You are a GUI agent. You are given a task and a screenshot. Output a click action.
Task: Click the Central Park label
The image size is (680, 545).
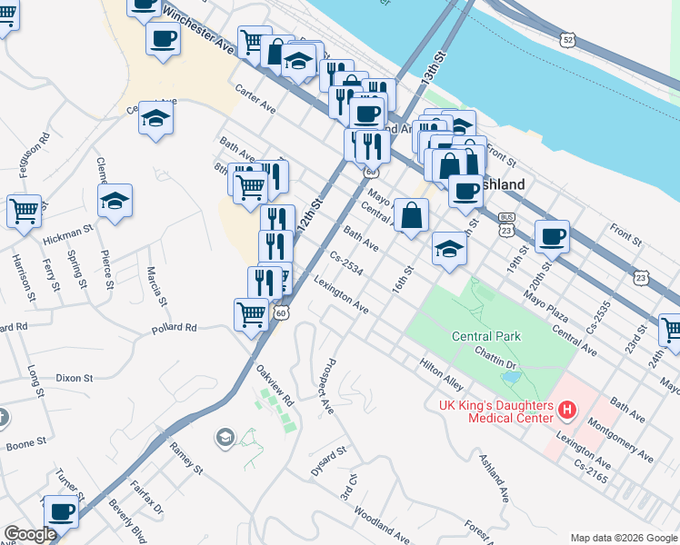tap(486, 336)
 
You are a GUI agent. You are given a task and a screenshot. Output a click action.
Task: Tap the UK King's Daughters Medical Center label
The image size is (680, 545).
tap(496, 411)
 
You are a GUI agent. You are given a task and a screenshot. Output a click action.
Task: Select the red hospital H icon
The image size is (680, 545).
tap(568, 411)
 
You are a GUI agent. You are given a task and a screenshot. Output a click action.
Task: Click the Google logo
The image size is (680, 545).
tap(30, 535)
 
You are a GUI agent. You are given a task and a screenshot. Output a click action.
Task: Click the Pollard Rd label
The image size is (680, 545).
tap(175, 327)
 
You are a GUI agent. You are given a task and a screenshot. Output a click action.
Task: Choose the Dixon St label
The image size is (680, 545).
tap(74, 377)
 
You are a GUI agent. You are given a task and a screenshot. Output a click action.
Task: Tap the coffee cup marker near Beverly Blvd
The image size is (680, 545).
tap(61, 512)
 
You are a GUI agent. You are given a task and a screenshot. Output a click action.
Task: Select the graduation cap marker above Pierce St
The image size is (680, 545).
tap(115, 201)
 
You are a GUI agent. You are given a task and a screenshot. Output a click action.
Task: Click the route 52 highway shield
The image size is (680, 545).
tap(568, 41)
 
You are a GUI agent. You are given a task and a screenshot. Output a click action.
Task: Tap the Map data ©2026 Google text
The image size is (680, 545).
tap(623, 537)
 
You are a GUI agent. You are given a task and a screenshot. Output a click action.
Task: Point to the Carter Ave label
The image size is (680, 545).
tap(255, 101)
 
